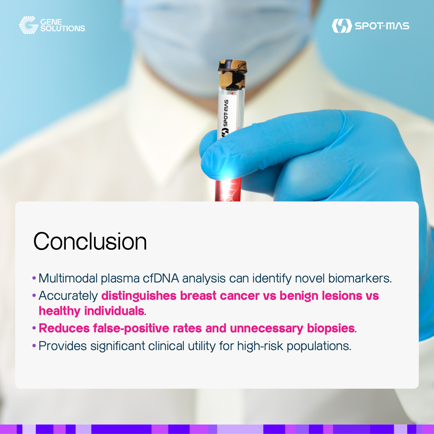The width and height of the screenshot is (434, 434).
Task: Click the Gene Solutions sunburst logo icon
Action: (28, 25)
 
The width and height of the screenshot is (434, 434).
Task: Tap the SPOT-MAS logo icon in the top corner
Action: (342, 26)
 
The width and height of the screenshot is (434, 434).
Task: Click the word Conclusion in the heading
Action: (90, 241)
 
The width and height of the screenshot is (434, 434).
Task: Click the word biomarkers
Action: (360, 278)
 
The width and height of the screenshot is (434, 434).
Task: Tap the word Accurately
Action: (68, 296)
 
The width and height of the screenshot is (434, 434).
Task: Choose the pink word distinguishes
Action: (139, 296)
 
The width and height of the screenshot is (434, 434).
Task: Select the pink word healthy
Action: (59, 311)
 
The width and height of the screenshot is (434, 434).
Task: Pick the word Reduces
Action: (64, 328)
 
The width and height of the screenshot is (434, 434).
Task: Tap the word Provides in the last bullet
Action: (63, 346)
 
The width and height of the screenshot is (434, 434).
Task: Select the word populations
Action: (319, 346)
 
